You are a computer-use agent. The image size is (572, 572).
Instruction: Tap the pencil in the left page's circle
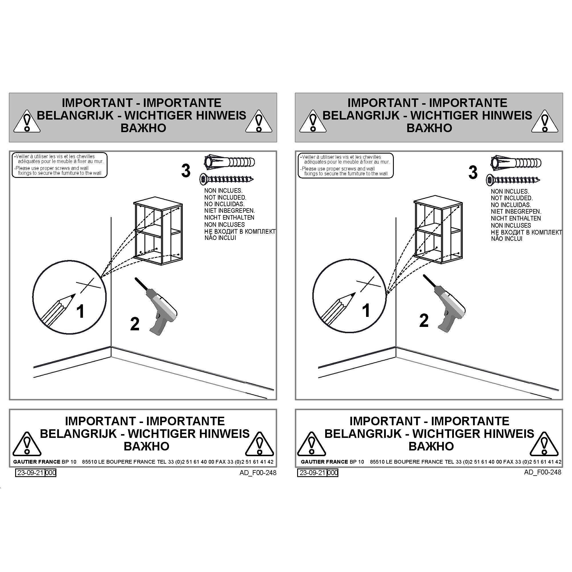[58, 309]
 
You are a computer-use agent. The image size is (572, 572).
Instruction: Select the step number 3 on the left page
[186, 171]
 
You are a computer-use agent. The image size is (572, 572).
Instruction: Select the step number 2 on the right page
[424, 321]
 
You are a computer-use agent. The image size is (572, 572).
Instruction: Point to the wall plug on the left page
[229, 162]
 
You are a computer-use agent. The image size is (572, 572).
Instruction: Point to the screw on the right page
[513, 180]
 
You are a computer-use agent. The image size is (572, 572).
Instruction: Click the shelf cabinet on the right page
[438, 229]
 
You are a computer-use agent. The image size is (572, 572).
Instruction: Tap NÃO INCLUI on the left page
[220, 238]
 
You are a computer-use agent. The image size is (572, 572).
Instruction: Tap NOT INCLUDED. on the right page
[512, 198]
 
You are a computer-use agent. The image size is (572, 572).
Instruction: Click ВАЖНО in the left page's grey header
[143, 128]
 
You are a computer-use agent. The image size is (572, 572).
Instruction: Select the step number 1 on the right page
[366, 310]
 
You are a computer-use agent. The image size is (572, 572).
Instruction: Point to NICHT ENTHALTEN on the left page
[229, 217]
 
